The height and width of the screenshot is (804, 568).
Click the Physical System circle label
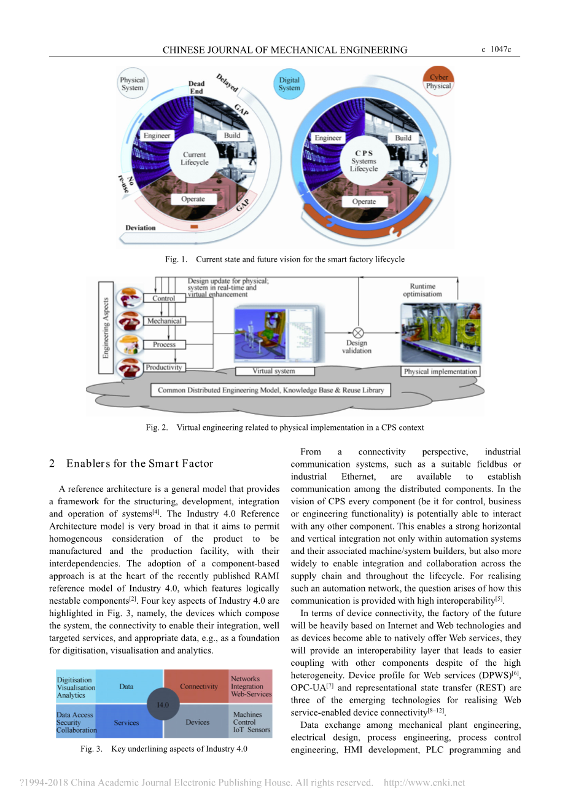(132, 84)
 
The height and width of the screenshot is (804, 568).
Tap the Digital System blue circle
(289, 84)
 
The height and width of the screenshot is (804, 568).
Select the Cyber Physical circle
(438, 81)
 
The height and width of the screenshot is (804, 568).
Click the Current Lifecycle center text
(194, 158)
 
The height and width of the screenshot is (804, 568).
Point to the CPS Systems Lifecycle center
(364, 161)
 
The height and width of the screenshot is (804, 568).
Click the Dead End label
(196, 87)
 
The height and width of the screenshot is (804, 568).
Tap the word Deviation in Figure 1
(141, 228)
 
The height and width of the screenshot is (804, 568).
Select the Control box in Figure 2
(163, 299)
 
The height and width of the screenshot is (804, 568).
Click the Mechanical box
(164, 321)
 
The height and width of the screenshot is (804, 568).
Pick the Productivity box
(164, 367)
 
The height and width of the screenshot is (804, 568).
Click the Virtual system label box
(274, 371)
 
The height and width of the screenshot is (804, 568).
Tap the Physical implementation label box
(440, 372)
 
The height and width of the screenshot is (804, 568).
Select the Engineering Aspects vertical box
(106, 327)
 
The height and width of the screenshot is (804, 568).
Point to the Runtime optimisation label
(422, 290)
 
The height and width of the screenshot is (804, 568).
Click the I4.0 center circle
(163, 704)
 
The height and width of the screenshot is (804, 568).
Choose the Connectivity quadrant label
(199, 687)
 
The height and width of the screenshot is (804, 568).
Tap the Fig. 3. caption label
(91, 749)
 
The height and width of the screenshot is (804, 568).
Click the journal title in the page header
(285, 50)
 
